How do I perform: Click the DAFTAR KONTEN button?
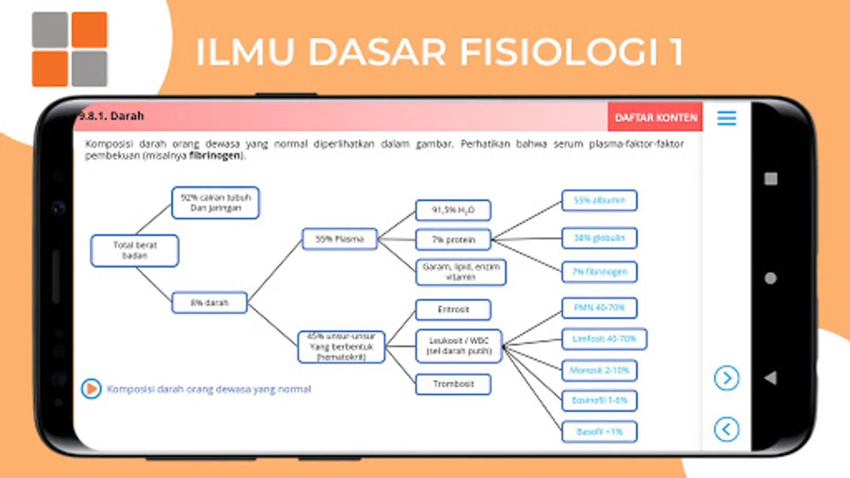point(656,117)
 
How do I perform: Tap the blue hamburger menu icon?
point(726,118)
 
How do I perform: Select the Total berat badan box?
point(135,250)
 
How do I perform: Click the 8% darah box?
point(210,303)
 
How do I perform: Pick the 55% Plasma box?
point(339,239)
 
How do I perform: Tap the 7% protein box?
point(453,240)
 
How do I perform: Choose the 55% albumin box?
point(599,200)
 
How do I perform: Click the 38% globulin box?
point(599,238)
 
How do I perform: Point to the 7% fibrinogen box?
point(599,271)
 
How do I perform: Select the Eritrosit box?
point(453,309)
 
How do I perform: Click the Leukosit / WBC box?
point(460,346)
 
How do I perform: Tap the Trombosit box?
point(453,383)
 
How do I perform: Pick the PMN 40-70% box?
point(599,308)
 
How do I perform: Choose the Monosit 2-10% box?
point(599,370)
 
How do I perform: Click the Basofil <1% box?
point(599,432)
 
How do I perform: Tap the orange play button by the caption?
point(91,389)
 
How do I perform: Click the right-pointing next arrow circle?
point(726,378)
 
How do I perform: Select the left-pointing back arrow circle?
point(726,429)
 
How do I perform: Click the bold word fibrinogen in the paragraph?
point(215,156)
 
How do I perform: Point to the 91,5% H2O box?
point(453,210)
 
